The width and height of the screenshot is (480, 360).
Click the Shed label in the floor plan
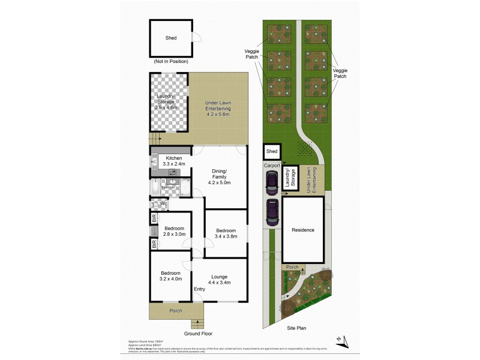pyautogui.click(x=170, y=38)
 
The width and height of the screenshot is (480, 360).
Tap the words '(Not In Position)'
pyautogui.click(x=170, y=61)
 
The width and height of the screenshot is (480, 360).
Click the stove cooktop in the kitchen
pyautogui.click(x=173, y=173)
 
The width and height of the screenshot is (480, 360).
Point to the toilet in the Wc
pyautogui.click(x=153, y=204)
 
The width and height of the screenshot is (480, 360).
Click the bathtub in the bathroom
pyautogui.click(x=155, y=187)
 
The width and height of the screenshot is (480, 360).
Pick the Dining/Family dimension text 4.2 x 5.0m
pyautogui.click(x=219, y=182)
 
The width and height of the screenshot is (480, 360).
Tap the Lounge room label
pyautogui.click(x=218, y=277)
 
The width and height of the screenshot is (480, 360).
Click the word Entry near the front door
pyautogui.click(x=199, y=289)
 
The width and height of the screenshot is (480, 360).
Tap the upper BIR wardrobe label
pyautogui.click(x=154, y=218)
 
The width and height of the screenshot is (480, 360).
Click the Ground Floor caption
pyautogui.click(x=198, y=334)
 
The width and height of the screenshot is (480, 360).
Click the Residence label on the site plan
pyautogui.click(x=303, y=230)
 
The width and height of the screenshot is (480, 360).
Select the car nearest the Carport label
pyautogui.click(x=271, y=184)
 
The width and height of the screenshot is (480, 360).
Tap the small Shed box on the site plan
pyautogui.click(x=272, y=152)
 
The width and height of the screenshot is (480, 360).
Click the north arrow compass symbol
pyautogui.click(x=340, y=340)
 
